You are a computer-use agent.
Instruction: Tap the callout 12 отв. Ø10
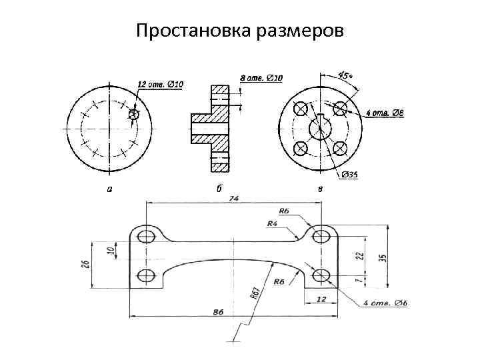161,84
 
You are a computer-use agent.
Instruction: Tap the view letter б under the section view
219,189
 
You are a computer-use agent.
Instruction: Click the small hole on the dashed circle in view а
134,115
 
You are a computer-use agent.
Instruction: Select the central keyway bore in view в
321,127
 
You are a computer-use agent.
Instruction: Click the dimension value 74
233,198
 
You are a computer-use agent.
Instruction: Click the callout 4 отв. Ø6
385,304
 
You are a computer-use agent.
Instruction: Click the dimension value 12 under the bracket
321,298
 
